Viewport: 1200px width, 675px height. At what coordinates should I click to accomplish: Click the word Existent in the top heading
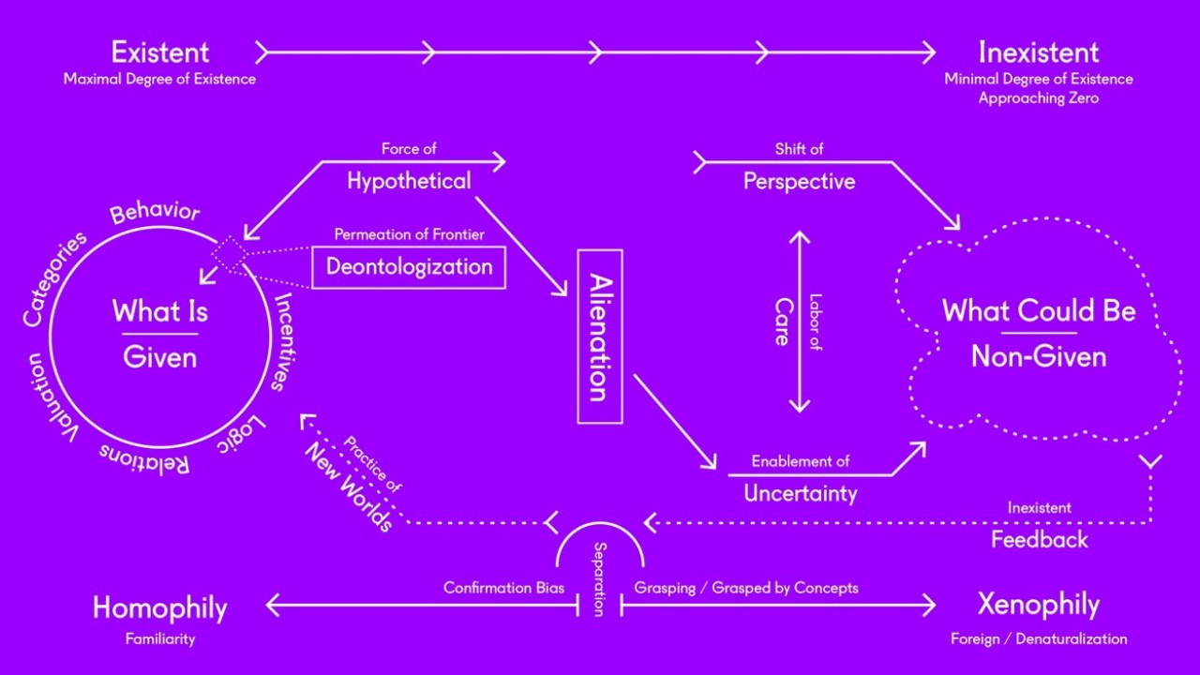pyautogui.click(x=159, y=52)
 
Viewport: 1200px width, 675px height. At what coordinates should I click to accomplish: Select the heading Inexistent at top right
pyautogui.click(x=1039, y=52)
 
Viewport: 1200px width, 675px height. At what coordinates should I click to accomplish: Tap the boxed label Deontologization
pyautogui.click(x=409, y=267)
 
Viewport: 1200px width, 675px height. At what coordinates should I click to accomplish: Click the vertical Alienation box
pyautogui.click(x=600, y=337)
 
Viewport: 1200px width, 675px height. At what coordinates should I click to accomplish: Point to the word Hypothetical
pyautogui.click(x=409, y=181)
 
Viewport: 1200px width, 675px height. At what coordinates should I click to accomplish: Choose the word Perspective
pyautogui.click(x=799, y=181)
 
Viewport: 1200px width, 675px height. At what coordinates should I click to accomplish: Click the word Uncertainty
pyautogui.click(x=800, y=492)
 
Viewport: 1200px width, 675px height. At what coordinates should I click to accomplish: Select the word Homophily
pyautogui.click(x=159, y=608)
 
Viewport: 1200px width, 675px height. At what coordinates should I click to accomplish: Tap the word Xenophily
pyautogui.click(x=1039, y=606)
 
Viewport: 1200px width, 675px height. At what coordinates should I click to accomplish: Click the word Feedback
pyautogui.click(x=1040, y=539)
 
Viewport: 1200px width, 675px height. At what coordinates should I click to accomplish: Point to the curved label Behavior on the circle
pyautogui.click(x=155, y=213)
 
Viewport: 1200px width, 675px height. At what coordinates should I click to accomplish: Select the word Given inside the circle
pyautogui.click(x=159, y=357)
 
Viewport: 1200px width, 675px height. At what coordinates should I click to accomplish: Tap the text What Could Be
pyautogui.click(x=1039, y=311)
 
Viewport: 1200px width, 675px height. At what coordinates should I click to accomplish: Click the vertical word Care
pyautogui.click(x=782, y=322)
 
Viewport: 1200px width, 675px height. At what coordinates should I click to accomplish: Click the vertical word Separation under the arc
pyautogui.click(x=600, y=577)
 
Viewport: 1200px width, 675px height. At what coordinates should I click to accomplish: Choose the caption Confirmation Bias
pyautogui.click(x=503, y=588)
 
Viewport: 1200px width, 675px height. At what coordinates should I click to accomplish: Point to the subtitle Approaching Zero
pyautogui.click(x=1039, y=97)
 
